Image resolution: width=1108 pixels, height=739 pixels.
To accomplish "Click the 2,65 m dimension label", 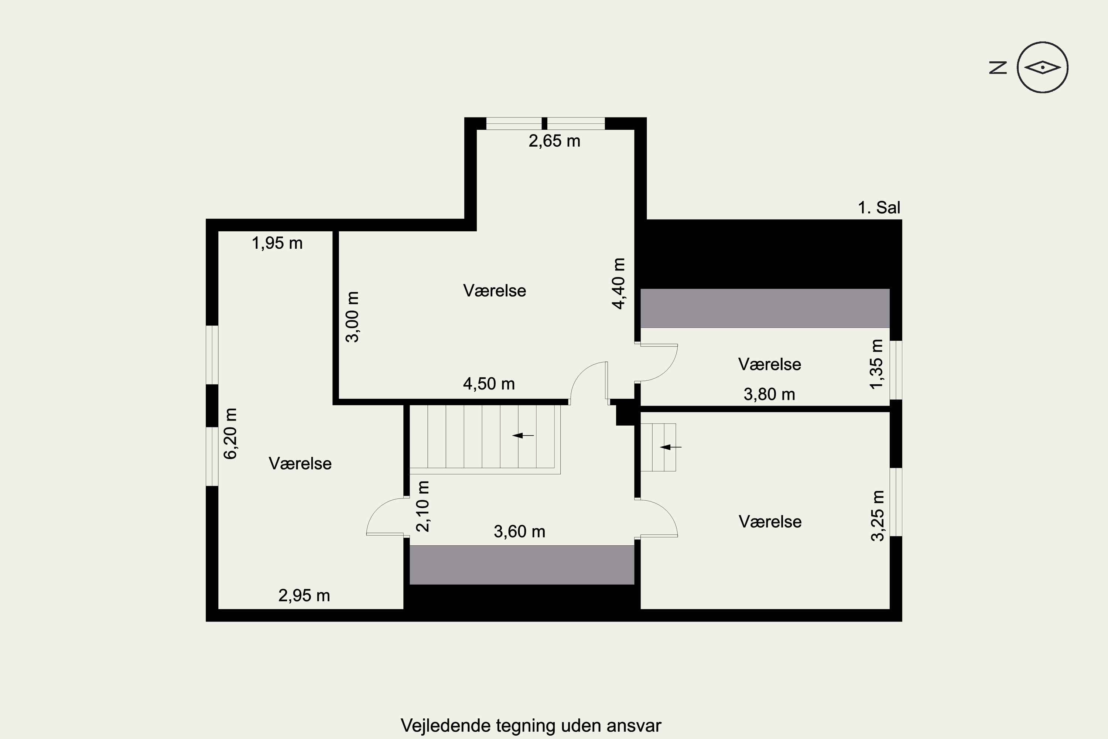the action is (x=554, y=141).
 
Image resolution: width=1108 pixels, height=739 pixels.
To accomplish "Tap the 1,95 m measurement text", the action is (x=277, y=243).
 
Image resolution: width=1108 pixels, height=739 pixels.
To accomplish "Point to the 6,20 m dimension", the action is (x=230, y=433).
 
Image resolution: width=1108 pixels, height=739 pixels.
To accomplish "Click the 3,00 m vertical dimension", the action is (x=353, y=317).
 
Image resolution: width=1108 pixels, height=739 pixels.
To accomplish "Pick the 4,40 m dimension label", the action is (x=619, y=283).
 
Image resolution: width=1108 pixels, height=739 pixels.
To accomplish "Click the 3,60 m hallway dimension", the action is (x=519, y=532).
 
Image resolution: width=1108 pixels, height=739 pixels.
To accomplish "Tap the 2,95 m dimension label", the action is (x=304, y=596).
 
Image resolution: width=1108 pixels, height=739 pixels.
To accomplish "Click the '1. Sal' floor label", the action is (x=879, y=208).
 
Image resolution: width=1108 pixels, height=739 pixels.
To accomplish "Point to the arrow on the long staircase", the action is (x=523, y=436).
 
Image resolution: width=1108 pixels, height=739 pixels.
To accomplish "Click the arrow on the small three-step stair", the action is (x=670, y=447).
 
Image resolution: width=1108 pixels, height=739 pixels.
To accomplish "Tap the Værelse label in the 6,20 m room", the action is (x=300, y=464).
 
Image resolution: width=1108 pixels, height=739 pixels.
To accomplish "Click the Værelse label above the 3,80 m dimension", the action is (x=770, y=364).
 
